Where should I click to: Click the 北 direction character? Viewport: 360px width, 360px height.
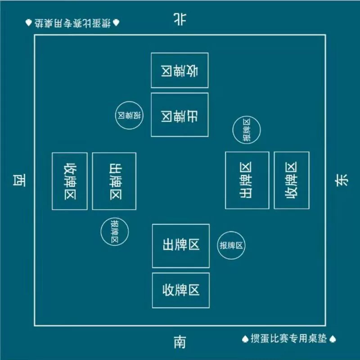[x=180, y=19]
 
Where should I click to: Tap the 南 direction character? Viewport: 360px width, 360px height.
[x=180, y=342]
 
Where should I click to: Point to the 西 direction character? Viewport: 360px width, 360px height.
[x=19, y=180]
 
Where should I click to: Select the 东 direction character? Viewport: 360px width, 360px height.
[x=342, y=180]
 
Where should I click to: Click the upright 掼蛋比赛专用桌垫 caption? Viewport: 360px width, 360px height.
[x=288, y=338]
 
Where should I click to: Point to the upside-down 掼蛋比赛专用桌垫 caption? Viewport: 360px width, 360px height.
[x=72, y=23]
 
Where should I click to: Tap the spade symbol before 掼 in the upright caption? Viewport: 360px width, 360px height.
[x=245, y=339]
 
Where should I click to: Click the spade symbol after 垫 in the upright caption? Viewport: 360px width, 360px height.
[x=333, y=339]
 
